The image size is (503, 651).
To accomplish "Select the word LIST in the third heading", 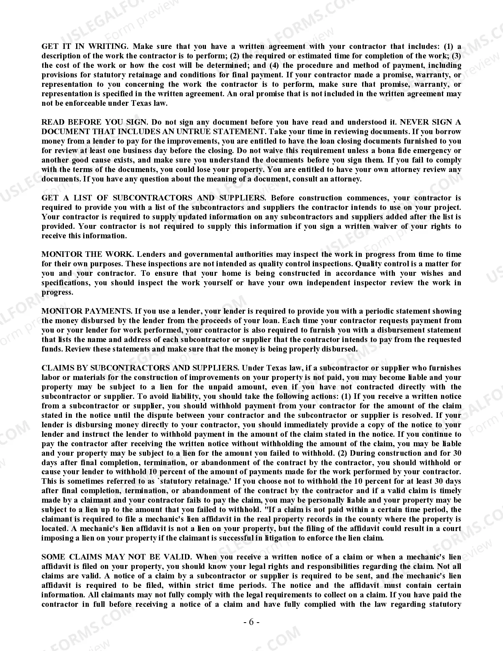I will tap(83, 198).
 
